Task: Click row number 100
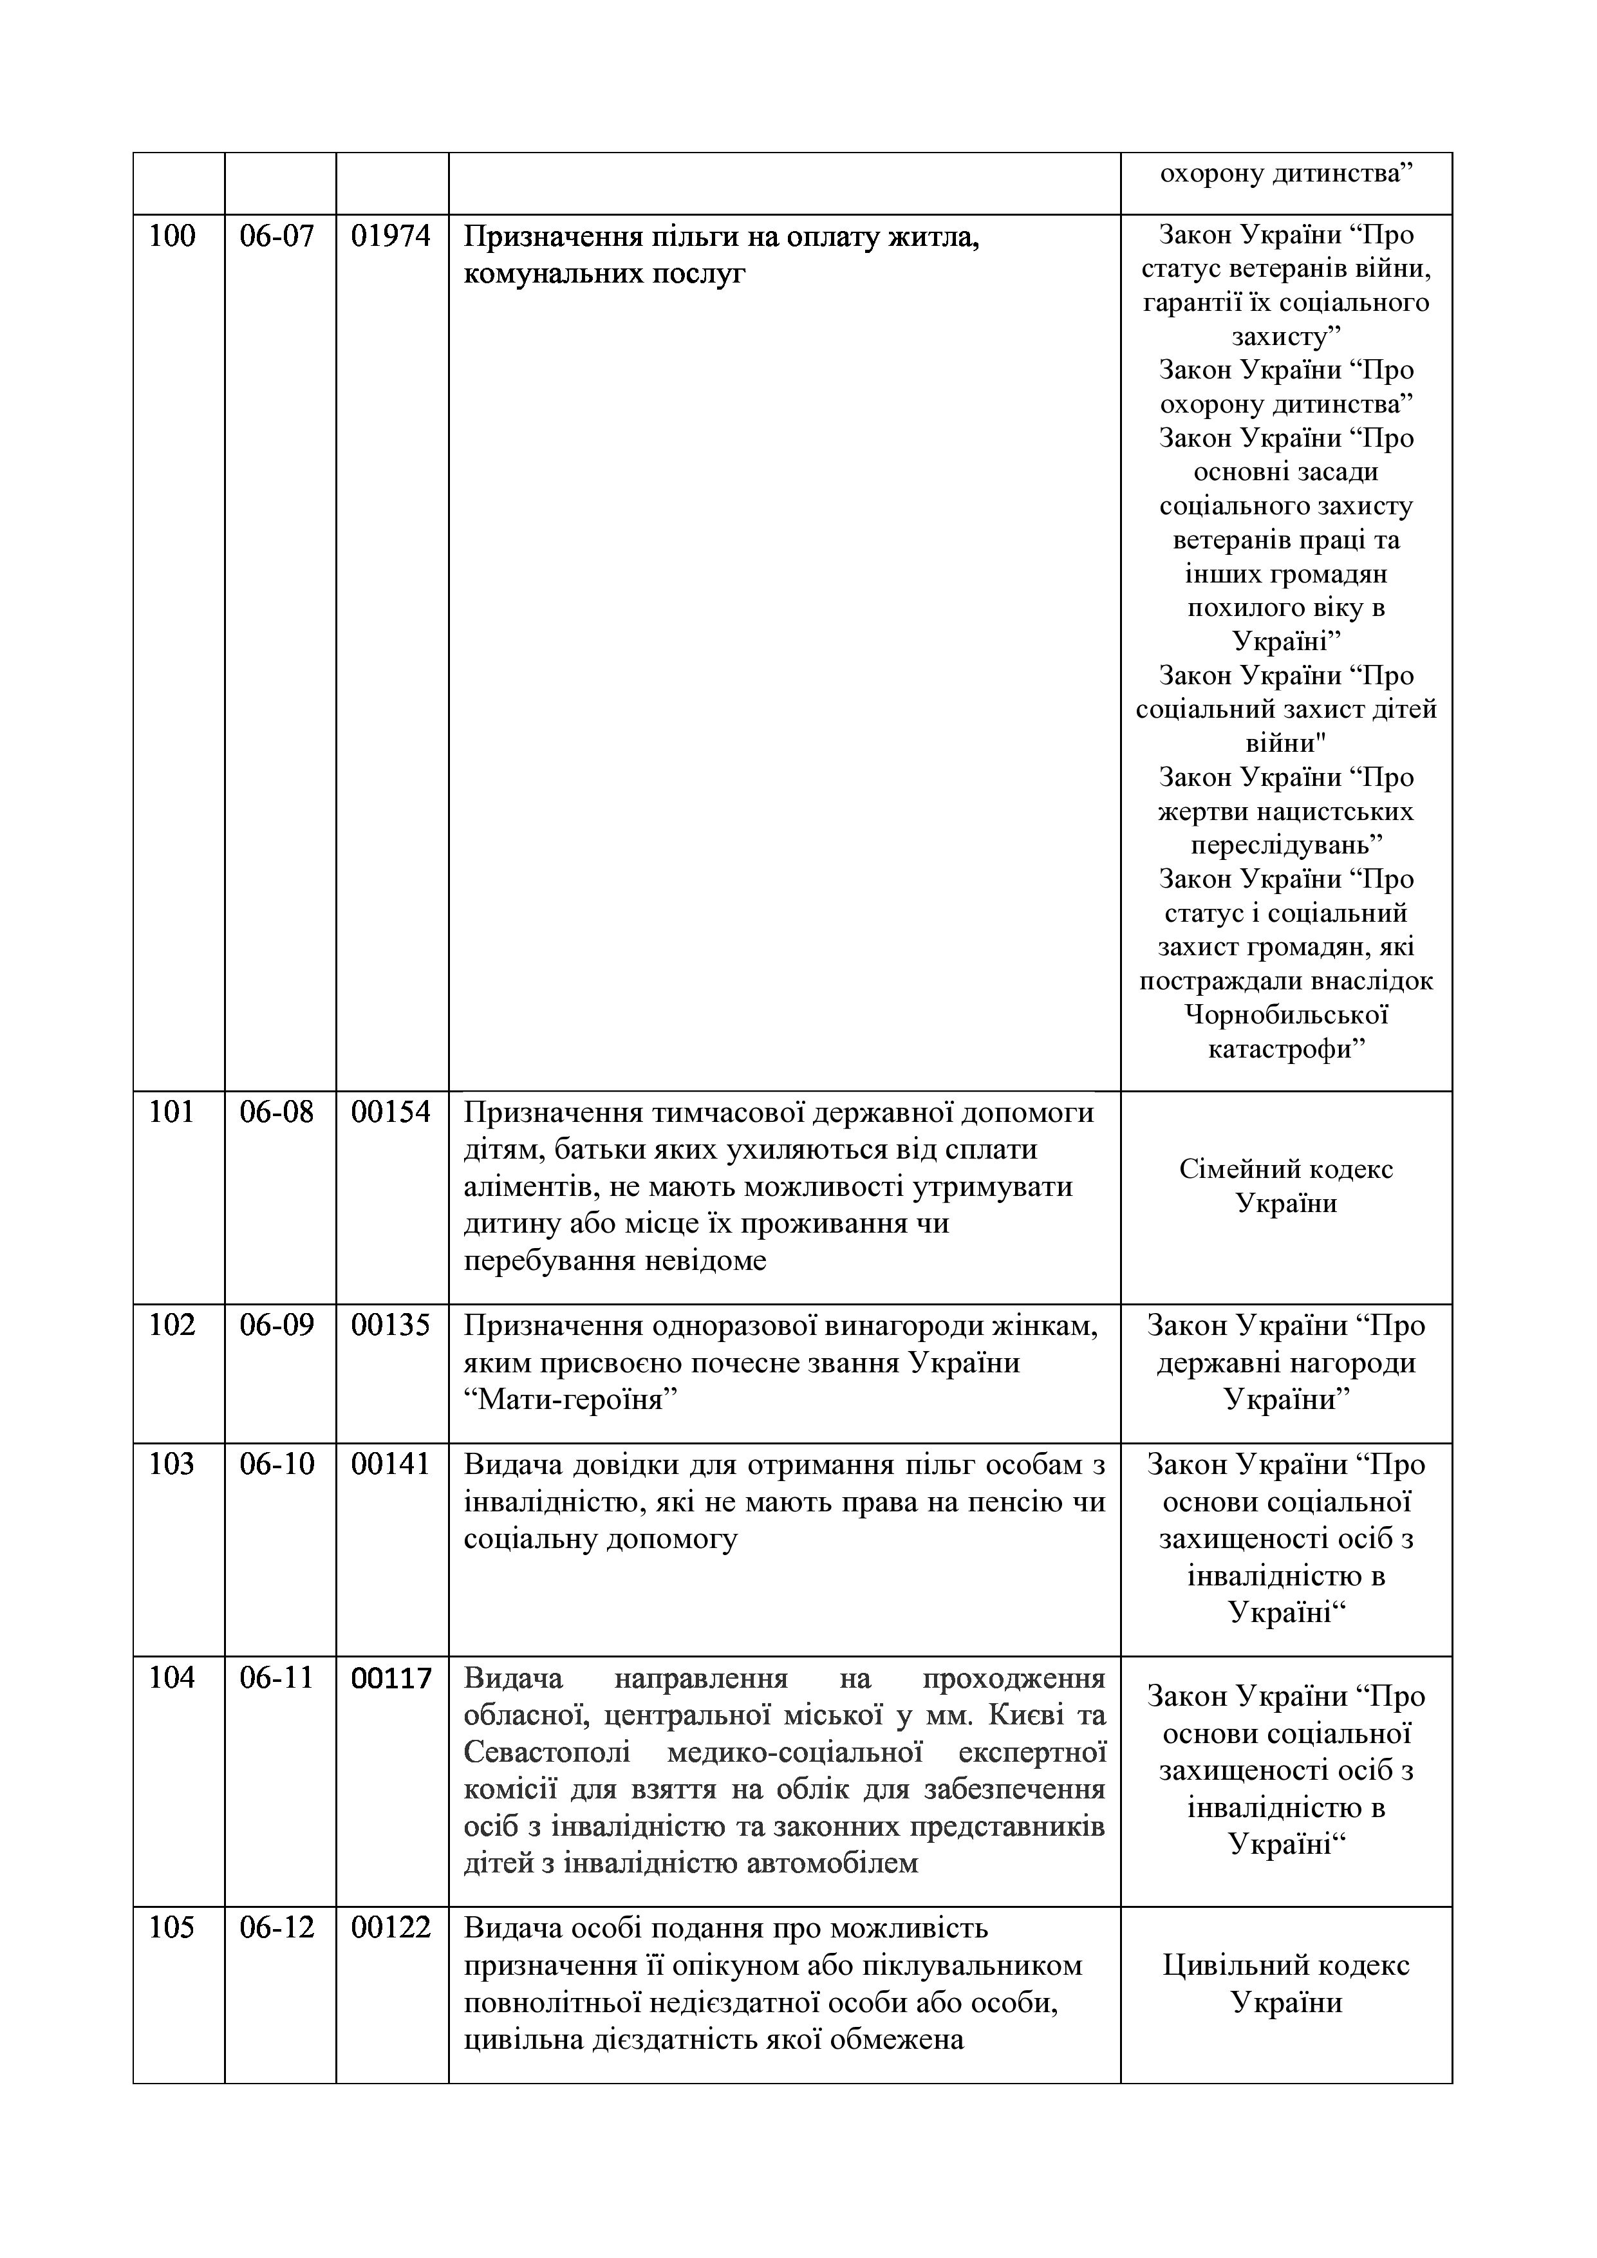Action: click(x=172, y=236)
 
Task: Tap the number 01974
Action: click(x=391, y=236)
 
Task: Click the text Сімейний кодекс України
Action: click(x=1286, y=1186)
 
